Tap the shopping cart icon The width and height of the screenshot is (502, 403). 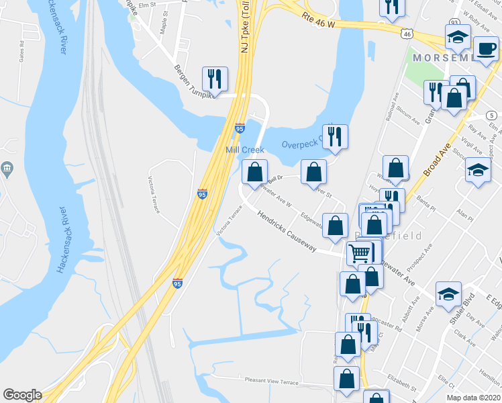coord(360,253)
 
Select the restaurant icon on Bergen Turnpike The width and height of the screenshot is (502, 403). coord(215,78)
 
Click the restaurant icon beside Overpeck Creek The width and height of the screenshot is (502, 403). coord(334,136)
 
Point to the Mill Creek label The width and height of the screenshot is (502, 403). coord(245,150)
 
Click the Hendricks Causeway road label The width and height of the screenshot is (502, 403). coord(287,234)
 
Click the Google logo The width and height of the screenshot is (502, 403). coord(22,395)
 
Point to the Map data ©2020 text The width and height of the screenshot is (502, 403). coord(473,398)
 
